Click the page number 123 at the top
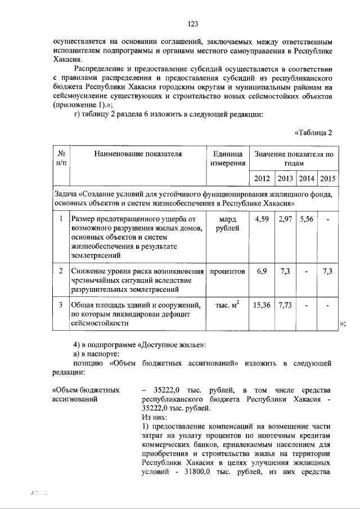click(193, 24)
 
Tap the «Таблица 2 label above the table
click(315, 133)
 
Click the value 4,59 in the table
click(262, 219)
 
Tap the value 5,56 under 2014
click(306, 219)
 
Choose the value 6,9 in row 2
click(262, 271)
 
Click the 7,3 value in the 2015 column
click(327, 271)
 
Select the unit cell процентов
click(227, 271)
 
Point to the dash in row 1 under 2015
click(327, 219)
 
